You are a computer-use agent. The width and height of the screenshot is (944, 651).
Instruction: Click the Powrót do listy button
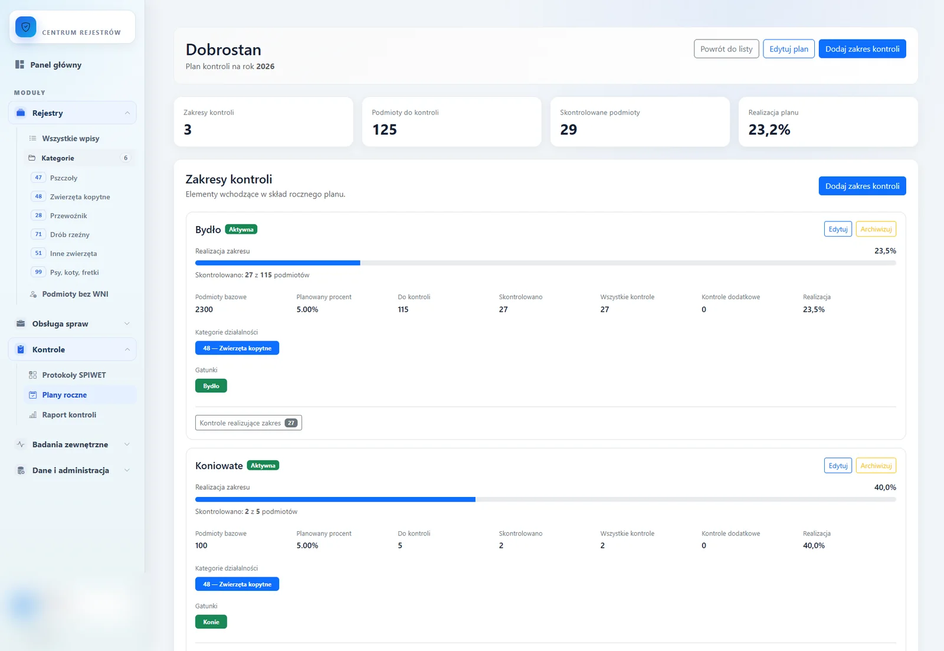click(726, 49)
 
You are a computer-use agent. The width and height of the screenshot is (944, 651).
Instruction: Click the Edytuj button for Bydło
click(838, 229)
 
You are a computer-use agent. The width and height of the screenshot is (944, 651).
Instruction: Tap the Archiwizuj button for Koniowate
click(876, 466)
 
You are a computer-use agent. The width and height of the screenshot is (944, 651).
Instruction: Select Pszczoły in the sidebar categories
click(64, 178)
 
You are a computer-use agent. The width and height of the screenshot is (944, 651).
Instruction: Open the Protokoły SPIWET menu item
click(74, 375)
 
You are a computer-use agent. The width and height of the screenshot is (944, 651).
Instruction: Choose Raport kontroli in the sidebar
click(69, 414)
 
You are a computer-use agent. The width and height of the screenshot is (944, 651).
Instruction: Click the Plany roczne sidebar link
click(64, 395)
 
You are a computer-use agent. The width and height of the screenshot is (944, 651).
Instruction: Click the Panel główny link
click(55, 64)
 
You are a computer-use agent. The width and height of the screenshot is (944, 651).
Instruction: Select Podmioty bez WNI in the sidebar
click(75, 294)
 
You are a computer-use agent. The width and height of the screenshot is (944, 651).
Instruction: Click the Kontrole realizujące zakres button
click(248, 423)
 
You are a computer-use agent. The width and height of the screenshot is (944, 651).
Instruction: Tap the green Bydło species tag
click(211, 386)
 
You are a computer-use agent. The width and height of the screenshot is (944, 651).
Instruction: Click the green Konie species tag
click(211, 622)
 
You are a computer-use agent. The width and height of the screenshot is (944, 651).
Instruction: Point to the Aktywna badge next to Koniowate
click(263, 466)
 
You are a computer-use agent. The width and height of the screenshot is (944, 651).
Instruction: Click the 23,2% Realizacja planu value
click(769, 129)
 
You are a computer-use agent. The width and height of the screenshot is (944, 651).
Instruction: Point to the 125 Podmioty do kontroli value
click(384, 129)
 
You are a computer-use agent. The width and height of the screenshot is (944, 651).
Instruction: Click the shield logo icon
click(26, 27)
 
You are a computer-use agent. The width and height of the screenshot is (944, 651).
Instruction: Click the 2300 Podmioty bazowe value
click(204, 309)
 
